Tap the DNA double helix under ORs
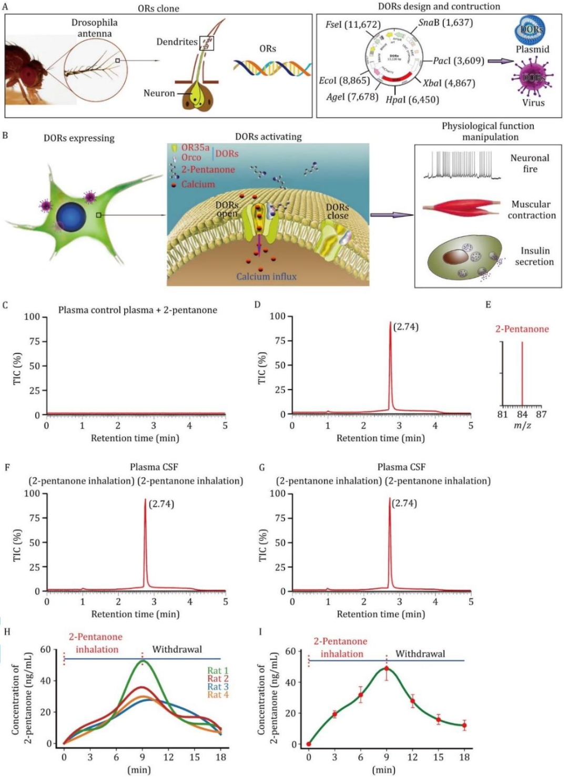click(272, 68)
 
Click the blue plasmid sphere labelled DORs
click(530, 30)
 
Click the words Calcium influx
click(266, 277)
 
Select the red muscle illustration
click(462, 209)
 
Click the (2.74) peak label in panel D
click(406, 326)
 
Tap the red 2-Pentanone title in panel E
click(522, 329)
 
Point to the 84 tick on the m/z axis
click(522, 414)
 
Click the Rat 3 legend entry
click(218, 687)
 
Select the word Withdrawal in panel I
click(420, 654)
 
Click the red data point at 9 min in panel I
click(387, 669)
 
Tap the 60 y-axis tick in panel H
click(46, 650)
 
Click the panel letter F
click(7, 467)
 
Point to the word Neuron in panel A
click(159, 93)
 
